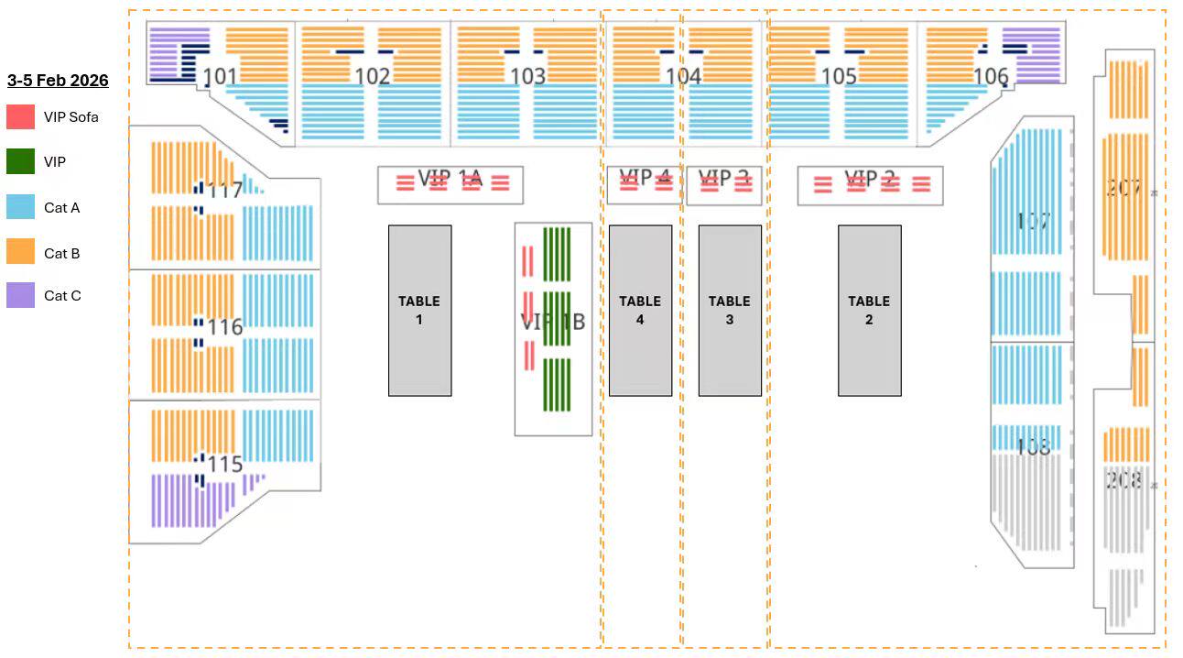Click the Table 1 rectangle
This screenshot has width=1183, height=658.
pos(419,311)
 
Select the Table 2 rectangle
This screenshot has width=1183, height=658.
pos(869,311)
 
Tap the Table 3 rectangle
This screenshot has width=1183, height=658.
pos(730,311)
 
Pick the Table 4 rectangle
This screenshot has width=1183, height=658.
pos(640,311)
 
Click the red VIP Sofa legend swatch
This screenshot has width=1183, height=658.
pos(21,117)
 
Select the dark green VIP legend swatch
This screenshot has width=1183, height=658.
pos(21,162)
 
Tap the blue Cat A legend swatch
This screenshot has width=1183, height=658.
pos(21,207)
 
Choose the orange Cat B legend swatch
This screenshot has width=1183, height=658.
pos(21,252)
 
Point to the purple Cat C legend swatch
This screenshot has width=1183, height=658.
pos(21,295)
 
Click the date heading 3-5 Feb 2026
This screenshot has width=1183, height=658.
pos(58,81)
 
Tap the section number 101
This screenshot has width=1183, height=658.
pos(220,76)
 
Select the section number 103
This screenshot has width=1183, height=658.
pos(528,76)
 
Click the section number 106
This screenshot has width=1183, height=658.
pos(991,76)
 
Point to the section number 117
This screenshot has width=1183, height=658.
pos(225,191)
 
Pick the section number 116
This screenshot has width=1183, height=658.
pos(225,327)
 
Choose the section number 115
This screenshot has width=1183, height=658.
pos(225,464)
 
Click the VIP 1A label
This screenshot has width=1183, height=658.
pos(450,178)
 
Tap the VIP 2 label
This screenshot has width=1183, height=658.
pos(868,178)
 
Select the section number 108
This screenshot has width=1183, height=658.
pos(1033,446)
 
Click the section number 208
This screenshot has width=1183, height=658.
pos(1123,480)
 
